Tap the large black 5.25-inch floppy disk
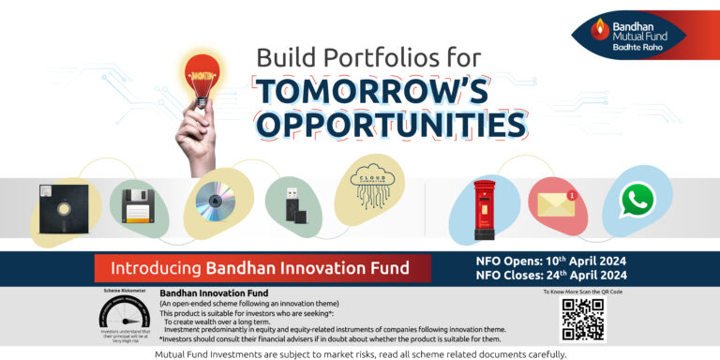coord(62,207)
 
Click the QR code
coord(583,321)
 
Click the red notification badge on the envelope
coord(570,196)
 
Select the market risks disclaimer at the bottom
coord(360,353)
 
